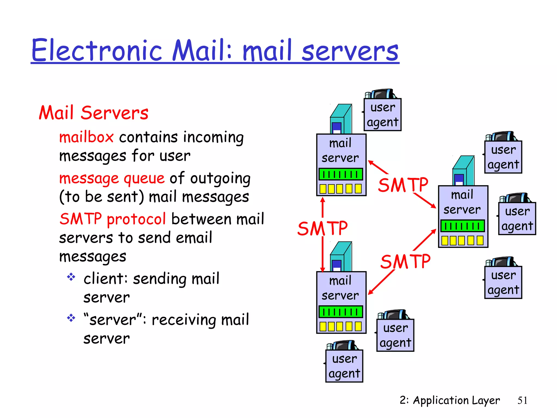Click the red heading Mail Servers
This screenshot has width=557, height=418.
(93, 113)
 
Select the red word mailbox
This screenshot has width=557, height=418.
(86, 137)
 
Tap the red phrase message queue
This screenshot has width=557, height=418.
(112, 179)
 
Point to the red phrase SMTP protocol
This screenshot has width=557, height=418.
(113, 219)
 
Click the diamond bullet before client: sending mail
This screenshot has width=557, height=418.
(71, 277)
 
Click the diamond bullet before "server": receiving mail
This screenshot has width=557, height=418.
(71, 318)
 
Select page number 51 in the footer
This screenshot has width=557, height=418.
(522, 400)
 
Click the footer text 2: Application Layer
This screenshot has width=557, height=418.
(449, 400)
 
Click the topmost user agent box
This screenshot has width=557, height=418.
(382, 115)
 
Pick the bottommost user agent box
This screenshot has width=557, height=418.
(344, 366)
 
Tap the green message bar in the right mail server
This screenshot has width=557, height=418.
(462, 226)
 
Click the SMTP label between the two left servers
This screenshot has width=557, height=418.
(323, 229)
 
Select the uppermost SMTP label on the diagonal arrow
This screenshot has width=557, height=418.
(403, 185)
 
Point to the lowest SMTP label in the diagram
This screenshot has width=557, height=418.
(405, 262)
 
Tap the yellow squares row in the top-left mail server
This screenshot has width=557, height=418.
(341, 189)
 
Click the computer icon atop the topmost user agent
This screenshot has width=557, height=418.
(381, 94)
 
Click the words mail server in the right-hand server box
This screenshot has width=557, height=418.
(462, 202)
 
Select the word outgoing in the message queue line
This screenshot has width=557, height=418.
(220, 179)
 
